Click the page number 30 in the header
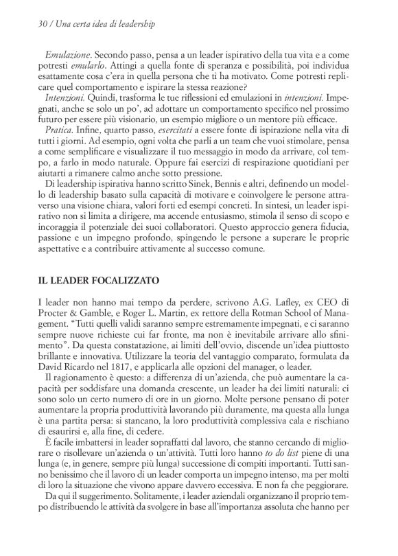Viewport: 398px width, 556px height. pyautogui.click(x=25, y=23)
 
